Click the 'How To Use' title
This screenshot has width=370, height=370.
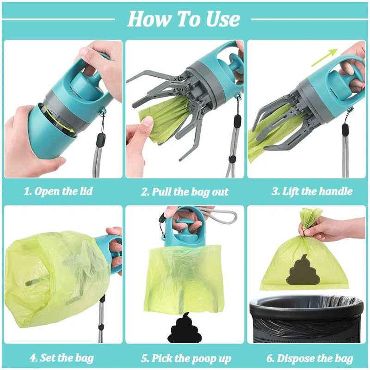click(184, 19)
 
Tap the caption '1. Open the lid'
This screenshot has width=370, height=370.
click(58, 191)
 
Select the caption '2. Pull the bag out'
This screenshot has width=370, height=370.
click(185, 191)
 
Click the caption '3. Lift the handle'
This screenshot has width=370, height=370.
click(312, 191)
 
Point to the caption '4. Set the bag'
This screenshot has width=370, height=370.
click(62, 358)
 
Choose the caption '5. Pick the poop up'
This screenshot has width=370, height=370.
click(186, 358)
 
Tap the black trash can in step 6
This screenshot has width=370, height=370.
click(307, 319)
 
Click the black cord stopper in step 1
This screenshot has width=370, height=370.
click(101, 139)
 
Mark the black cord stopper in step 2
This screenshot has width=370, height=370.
click(237, 121)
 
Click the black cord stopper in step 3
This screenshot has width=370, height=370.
click(345, 129)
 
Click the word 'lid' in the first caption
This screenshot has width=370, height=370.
click(85, 191)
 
